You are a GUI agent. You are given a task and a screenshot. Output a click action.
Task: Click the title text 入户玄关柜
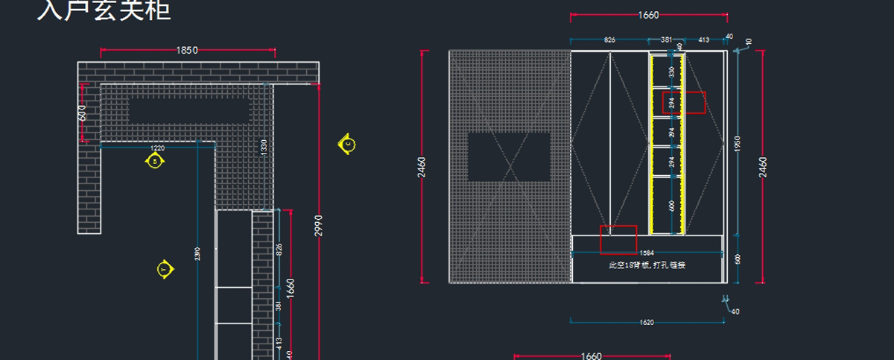(104, 10)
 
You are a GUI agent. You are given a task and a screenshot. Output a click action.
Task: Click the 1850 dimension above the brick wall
(187, 50)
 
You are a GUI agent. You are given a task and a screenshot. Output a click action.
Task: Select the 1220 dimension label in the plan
(158, 148)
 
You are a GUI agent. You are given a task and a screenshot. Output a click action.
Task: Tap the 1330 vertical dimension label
(263, 148)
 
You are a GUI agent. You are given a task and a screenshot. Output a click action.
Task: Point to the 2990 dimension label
(318, 225)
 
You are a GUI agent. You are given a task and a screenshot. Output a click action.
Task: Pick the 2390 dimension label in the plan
(197, 253)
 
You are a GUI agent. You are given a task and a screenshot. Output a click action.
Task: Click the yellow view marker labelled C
(346, 143)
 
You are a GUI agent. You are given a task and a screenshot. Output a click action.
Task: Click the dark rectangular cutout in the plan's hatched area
(188, 110)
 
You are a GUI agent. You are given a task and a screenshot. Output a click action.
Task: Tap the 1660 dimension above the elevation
(648, 15)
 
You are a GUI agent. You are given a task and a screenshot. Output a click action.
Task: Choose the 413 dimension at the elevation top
(703, 40)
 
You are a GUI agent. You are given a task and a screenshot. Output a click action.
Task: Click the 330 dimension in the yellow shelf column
(671, 72)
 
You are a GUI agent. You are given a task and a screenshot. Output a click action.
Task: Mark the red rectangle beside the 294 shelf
(684, 103)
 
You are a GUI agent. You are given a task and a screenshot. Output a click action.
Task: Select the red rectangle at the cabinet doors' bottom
(618, 239)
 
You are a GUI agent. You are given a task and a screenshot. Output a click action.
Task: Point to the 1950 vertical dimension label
(738, 143)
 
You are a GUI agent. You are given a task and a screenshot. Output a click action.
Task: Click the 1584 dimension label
(647, 253)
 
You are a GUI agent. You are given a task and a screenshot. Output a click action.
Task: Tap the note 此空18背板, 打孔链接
(647, 265)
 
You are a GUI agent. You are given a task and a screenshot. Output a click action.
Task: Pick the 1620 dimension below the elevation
(647, 323)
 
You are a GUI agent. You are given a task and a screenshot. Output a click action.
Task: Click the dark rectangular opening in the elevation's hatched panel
(509, 157)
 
